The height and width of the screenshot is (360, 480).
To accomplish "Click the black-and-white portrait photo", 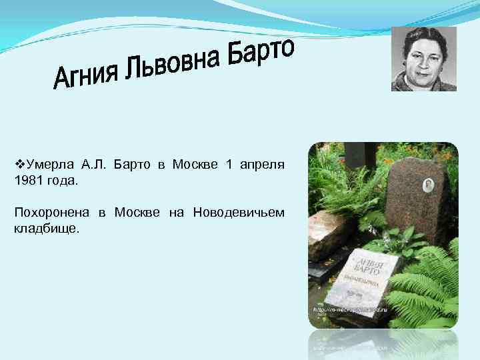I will click(423, 59).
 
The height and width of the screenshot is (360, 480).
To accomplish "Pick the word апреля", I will click(263, 164).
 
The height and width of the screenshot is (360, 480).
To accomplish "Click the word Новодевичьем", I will click(238, 213).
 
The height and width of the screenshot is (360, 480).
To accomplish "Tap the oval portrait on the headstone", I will click(429, 185).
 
